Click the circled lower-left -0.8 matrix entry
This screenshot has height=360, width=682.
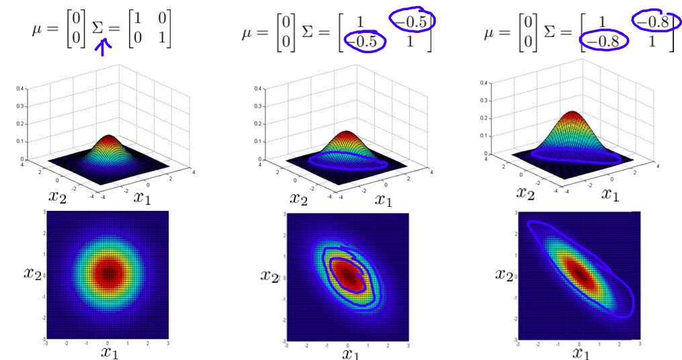click(x=604, y=42)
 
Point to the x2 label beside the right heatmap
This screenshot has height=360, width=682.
click(x=505, y=275)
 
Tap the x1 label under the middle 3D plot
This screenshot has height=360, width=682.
click(x=383, y=199)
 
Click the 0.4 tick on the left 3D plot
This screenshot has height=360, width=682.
click(x=22, y=89)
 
